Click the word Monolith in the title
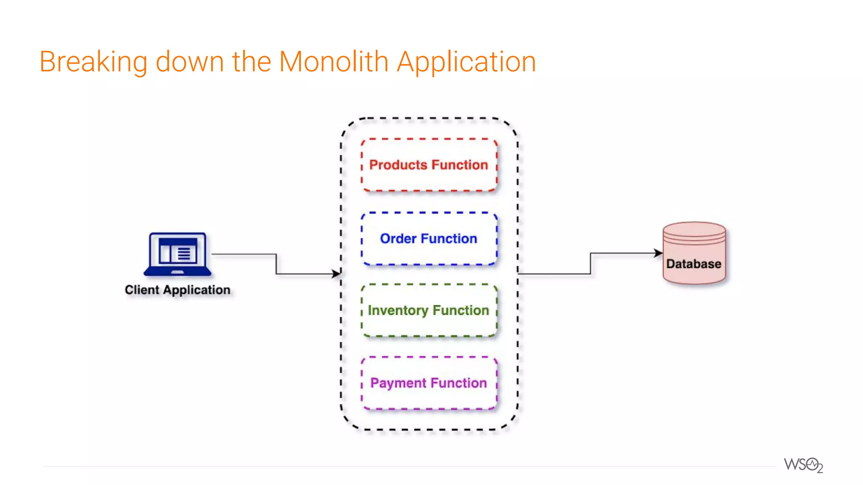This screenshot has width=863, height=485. pyautogui.click(x=333, y=62)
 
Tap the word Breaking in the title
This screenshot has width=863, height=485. pyautogui.click(x=93, y=62)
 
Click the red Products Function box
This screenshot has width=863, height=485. pyautogui.click(x=429, y=165)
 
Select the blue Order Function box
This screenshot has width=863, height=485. pyautogui.click(x=429, y=239)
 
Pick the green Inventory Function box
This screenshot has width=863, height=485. pyautogui.click(x=429, y=311)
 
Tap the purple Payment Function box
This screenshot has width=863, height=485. pyautogui.click(x=429, y=383)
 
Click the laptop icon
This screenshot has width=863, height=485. pyautogui.click(x=177, y=254)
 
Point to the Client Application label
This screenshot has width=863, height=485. pyautogui.click(x=177, y=290)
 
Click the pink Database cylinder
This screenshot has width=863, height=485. pyautogui.click(x=694, y=253)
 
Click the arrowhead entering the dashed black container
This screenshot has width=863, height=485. pyautogui.click(x=336, y=274)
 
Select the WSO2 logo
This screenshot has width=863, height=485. pyautogui.click(x=803, y=465)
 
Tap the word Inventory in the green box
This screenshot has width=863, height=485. pyautogui.click(x=398, y=311)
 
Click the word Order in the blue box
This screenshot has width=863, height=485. pyautogui.click(x=398, y=239)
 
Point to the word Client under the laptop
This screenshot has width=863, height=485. pyautogui.click(x=142, y=290)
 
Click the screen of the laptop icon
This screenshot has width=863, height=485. pyautogui.click(x=178, y=251)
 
